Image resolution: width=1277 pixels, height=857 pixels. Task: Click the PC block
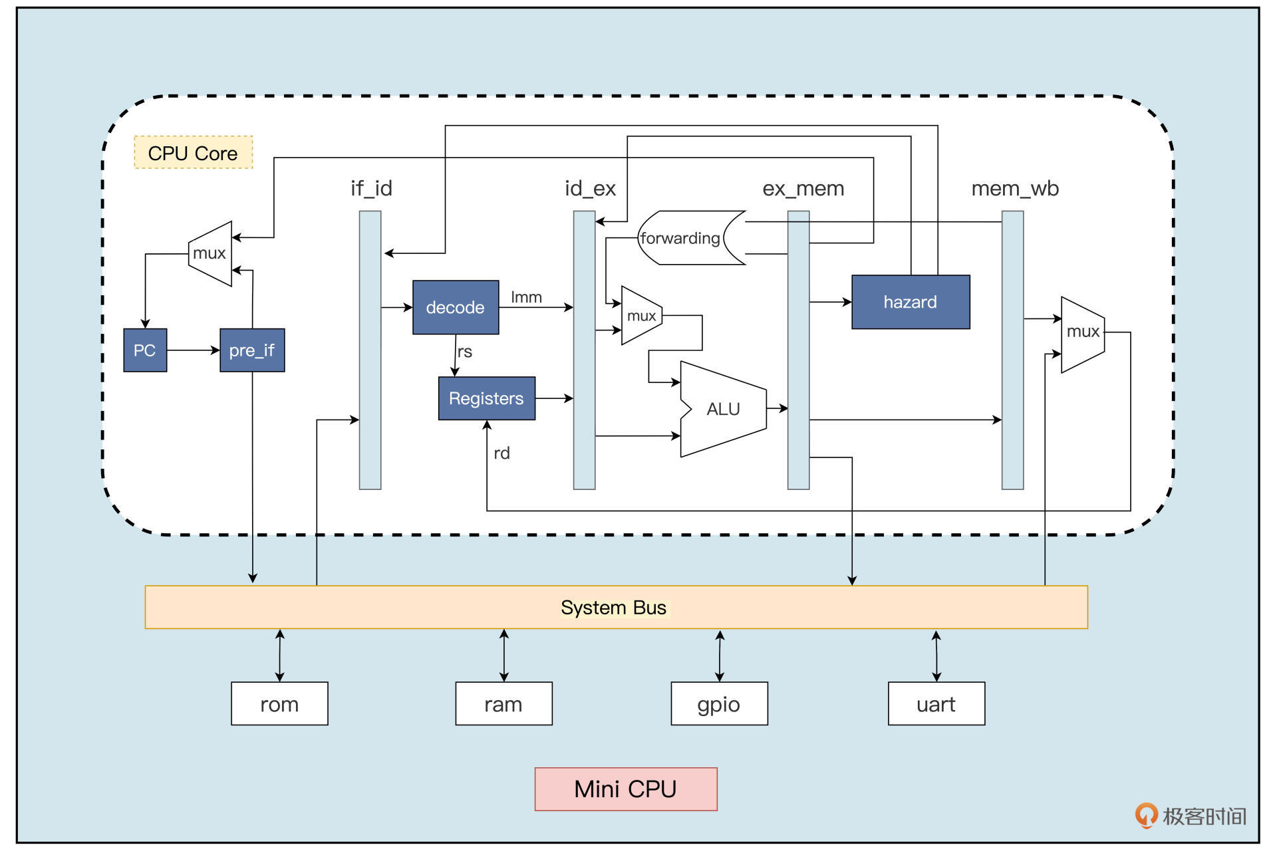coord(145,350)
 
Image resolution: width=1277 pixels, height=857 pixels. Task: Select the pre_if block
coord(252,350)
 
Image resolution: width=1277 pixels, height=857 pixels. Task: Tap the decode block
coord(456,307)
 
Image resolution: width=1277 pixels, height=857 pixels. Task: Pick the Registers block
coord(486,398)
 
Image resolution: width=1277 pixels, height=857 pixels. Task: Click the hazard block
coord(911,302)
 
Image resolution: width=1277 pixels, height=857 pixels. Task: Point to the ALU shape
coord(723,409)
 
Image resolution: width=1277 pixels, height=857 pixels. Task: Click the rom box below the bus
coord(279,703)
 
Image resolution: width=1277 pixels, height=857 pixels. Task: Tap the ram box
coord(503,703)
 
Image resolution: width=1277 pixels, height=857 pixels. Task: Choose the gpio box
coord(719,703)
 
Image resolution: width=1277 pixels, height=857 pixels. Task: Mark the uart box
coord(936,703)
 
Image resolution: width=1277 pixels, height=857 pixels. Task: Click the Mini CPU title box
coord(625,789)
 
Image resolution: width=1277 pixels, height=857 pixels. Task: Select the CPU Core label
coord(193,153)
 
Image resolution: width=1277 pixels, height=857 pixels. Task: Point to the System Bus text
coord(613,608)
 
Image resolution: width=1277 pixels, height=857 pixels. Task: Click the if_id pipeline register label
coord(371,188)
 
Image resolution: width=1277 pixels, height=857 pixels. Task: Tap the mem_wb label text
coord(1015,188)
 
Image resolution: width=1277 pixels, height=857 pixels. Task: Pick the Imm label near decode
coord(526,297)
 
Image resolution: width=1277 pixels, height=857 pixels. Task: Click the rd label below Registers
coord(501,453)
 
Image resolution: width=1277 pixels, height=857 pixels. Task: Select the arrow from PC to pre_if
coord(193,350)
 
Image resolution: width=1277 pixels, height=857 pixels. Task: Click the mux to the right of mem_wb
coord(1082,332)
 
